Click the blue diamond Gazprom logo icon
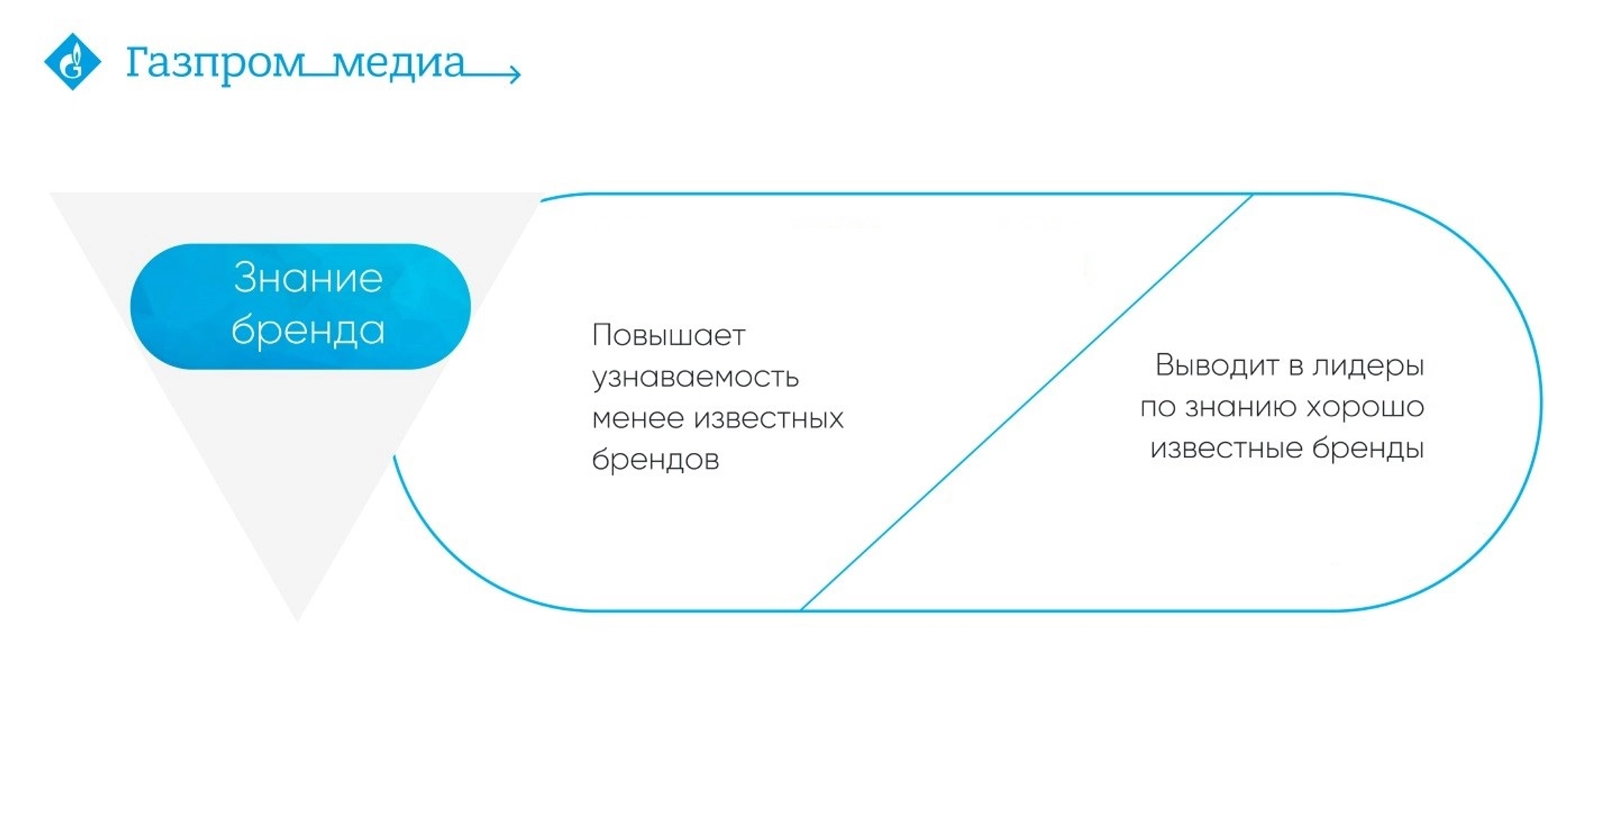tap(73, 62)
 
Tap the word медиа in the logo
tap(398, 63)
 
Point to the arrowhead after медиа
tap(515, 72)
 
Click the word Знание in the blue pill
tap(308, 277)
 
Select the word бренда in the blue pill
tap(308, 330)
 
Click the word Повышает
tap(669, 335)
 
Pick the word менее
tap(637, 419)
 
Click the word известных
tap(769, 419)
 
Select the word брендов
tap(655, 459)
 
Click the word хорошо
tap(1365, 408)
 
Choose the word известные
tap(1226, 449)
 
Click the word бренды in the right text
tap(1368, 449)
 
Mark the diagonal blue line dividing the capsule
tap(1027, 402)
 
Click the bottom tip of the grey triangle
tap(297, 621)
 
